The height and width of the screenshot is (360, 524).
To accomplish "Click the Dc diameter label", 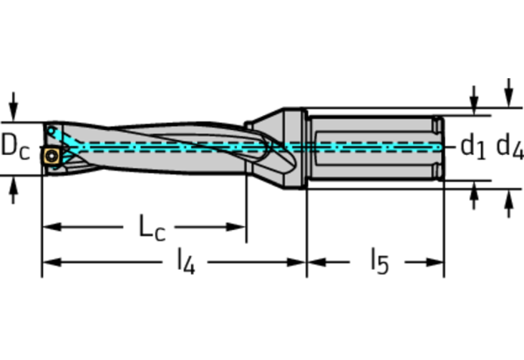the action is pyautogui.click(x=16, y=147).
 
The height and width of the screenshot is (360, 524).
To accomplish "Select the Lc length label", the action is pyautogui.click(x=152, y=227).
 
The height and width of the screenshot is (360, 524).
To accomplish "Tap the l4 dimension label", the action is pyautogui.click(x=186, y=261).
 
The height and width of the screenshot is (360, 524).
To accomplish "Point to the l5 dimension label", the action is pyautogui.click(x=380, y=261).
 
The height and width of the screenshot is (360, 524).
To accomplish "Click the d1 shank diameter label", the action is pyautogui.click(x=472, y=146).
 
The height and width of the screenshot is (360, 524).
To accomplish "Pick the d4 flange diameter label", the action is pyautogui.click(x=510, y=146).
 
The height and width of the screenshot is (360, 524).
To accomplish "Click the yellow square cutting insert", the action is pyautogui.click(x=52, y=156).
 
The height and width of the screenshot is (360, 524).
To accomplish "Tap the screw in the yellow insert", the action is pyautogui.click(x=52, y=156).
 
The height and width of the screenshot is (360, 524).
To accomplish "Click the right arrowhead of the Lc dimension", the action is pyautogui.click(x=236, y=227).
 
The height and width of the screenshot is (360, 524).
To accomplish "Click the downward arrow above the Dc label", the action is pyautogui.click(x=13, y=106).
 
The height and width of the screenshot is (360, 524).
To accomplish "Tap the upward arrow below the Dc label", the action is pyautogui.click(x=13, y=190).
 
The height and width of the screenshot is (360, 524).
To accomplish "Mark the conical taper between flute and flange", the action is pyautogui.click(x=267, y=149).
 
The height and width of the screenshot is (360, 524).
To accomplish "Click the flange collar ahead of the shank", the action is pyautogui.click(x=295, y=149).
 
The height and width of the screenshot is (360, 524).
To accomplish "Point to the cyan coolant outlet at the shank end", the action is pyautogui.click(x=439, y=147).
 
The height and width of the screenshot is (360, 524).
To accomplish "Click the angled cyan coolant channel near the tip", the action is pyautogui.click(x=63, y=138).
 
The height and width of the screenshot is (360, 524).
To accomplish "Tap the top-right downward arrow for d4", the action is pyautogui.click(x=508, y=92).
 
